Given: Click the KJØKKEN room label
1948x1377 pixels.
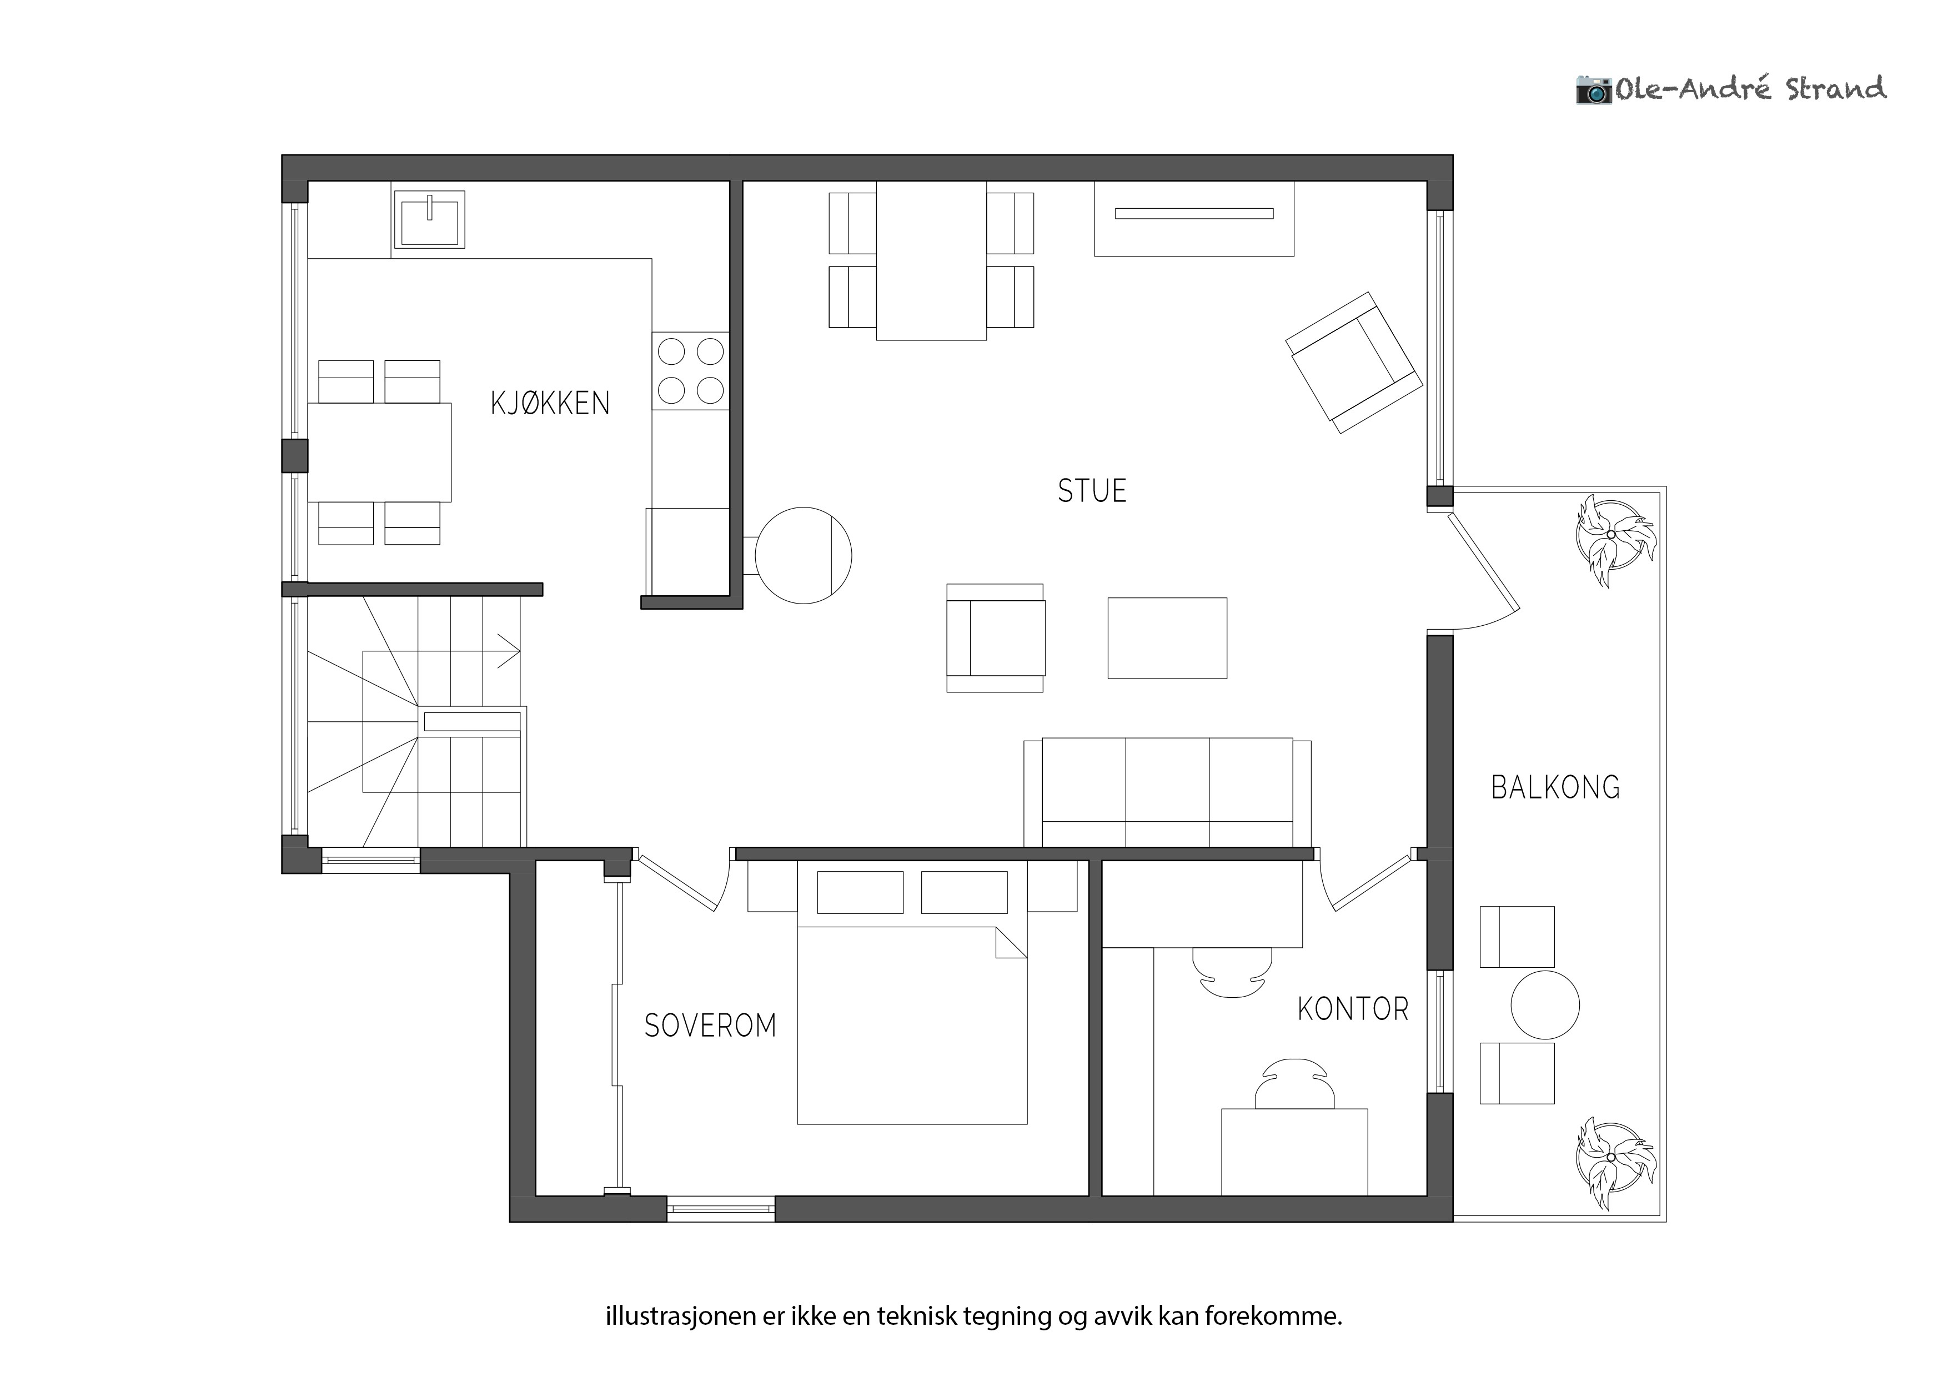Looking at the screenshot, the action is pos(550,403).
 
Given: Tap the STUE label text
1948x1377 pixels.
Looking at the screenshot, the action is pos(1092,491).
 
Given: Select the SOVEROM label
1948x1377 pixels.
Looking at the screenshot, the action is pos(710,1026).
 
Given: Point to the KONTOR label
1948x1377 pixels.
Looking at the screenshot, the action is pos(1353,1009).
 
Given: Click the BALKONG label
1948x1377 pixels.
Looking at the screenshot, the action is pos(1555,787).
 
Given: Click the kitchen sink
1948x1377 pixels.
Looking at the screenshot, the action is pos(429,219).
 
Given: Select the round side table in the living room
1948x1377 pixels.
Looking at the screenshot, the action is pos(802,556).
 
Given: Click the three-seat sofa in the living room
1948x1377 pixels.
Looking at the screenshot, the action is pos(1167,792).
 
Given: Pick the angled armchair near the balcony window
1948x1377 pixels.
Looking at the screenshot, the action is pos(1353,363).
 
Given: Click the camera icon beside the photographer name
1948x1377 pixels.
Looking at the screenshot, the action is pos(1593,89).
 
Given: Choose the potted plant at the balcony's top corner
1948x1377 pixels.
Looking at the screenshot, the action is pos(1615,540).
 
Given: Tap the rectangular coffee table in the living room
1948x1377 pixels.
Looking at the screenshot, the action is pos(1167,638).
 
